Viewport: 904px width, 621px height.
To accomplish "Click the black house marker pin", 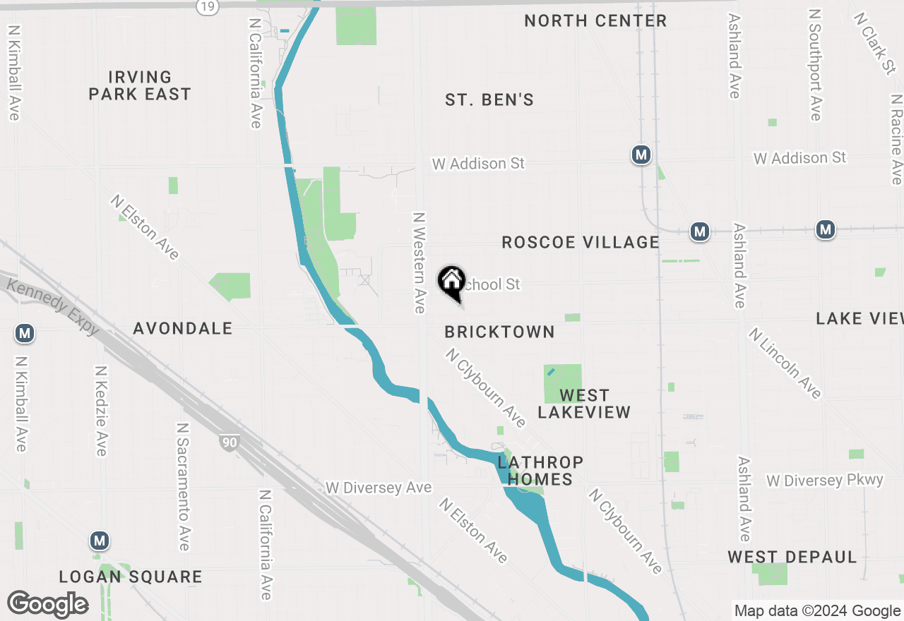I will click(x=451, y=283).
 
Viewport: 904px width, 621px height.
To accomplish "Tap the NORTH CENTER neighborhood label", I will click(x=595, y=21).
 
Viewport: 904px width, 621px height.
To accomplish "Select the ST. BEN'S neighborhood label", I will click(x=489, y=100).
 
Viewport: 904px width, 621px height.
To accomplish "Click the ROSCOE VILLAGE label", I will click(x=580, y=243).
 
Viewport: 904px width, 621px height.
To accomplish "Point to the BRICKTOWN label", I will click(x=499, y=332).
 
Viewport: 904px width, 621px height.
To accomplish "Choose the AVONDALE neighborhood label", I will click(x=183, y=328).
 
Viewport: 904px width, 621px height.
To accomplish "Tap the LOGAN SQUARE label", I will click(x=131, y=577).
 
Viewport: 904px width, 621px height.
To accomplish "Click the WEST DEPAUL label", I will click(x=792, y=557).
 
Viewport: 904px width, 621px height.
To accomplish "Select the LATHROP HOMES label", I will click(x=540, y=471).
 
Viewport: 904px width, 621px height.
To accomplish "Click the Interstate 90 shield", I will click(x=229, y=442).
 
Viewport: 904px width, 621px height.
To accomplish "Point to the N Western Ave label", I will click(x=420, y=263).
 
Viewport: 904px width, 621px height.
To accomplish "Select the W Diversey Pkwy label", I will click(x=825, y=481).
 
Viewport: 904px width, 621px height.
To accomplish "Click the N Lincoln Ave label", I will click(x=785, y=363).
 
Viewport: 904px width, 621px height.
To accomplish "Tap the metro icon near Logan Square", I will click(x=100, y=541).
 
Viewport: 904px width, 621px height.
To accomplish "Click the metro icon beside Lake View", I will click(x=825, y=229).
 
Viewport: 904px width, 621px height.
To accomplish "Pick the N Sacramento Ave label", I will click(x=183, y=487).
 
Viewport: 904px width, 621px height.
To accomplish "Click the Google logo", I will click(x=47, y=604).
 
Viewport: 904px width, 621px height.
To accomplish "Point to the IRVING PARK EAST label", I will click(x=140, y=85).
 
